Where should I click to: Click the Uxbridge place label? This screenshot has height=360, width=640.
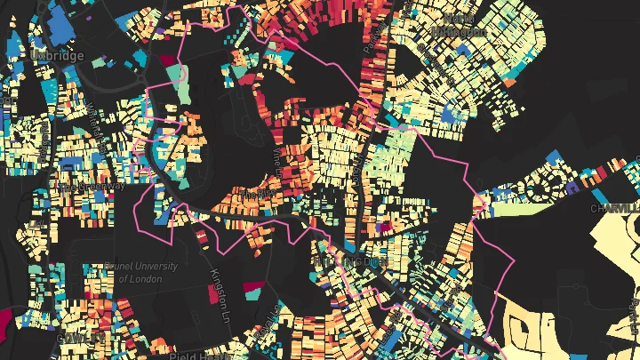click(x=56, y=56)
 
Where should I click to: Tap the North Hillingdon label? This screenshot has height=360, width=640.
click(x=459, y=24)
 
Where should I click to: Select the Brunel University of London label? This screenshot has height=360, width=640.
click(x=140, y=271)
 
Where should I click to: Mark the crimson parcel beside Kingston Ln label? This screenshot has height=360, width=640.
click(x=253, y=289)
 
